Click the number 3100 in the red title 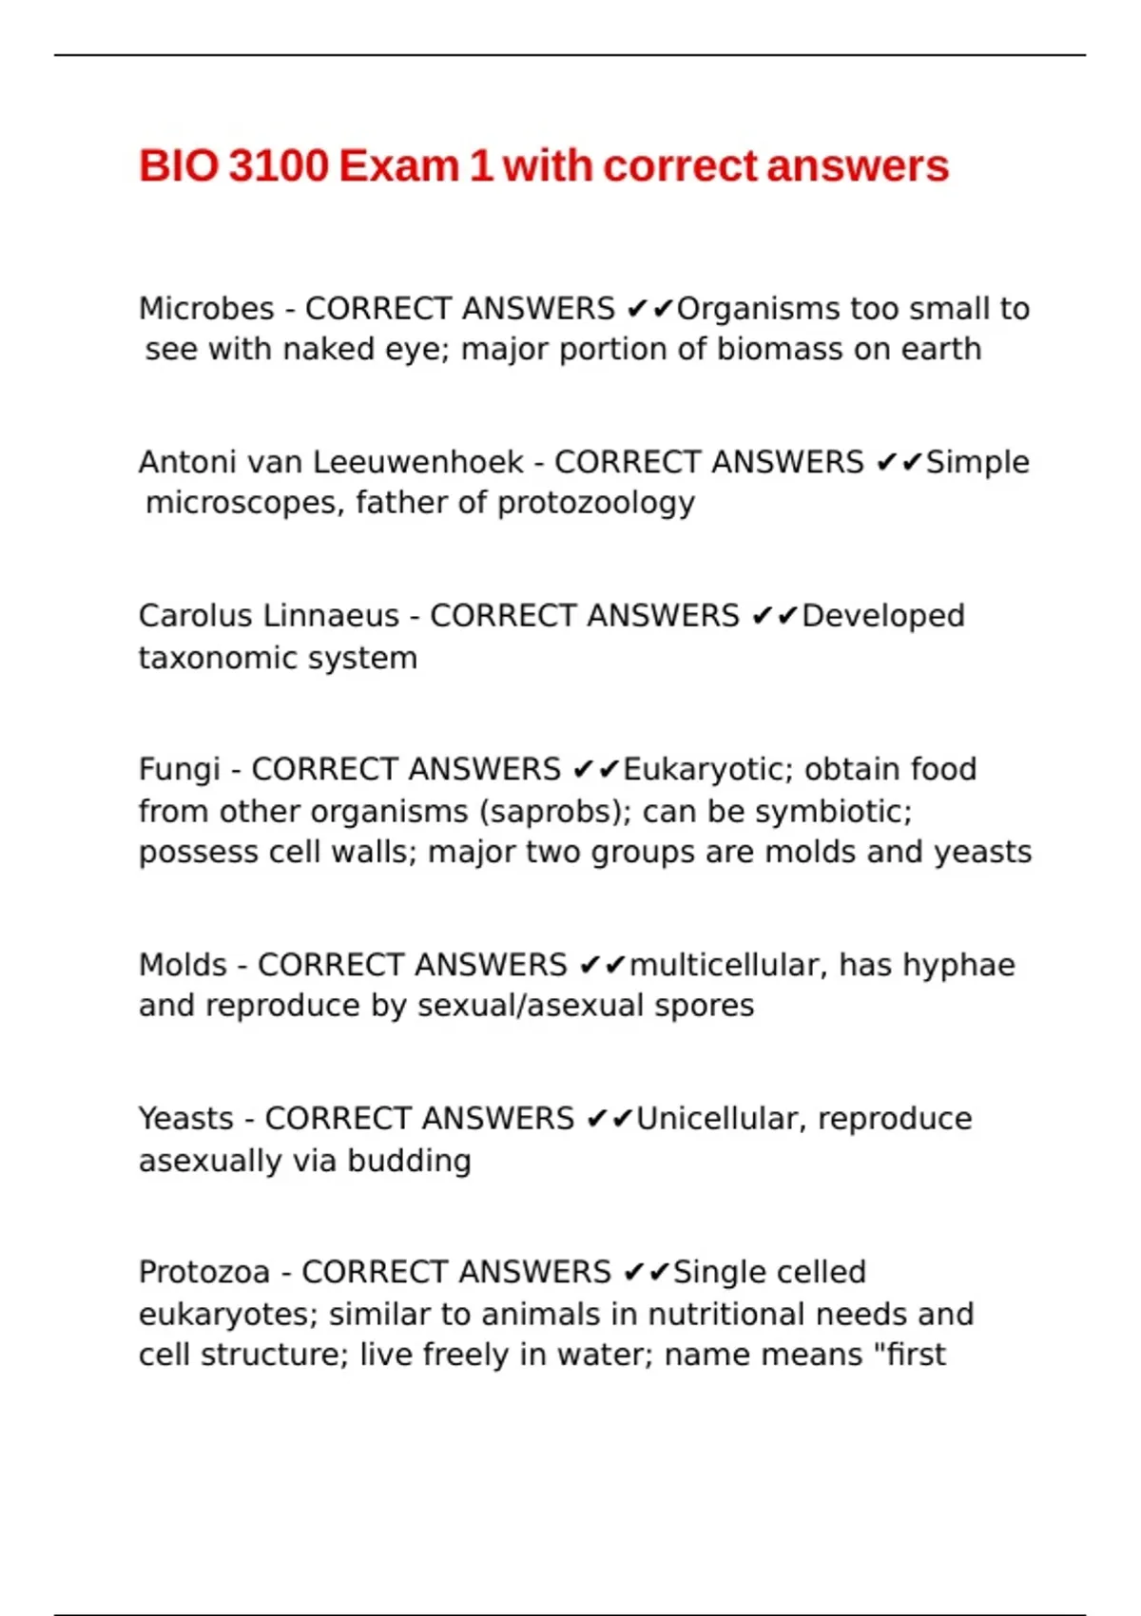(x=279, y=165)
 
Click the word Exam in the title (x=398, y=165)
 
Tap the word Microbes (x=206, y=309)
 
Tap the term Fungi (x=179, y=769)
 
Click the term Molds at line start (x=183, y=965)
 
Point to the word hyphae (x=958, y=965)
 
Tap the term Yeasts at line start (x=185, y=1119)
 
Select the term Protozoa (x=204, y=1272)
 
